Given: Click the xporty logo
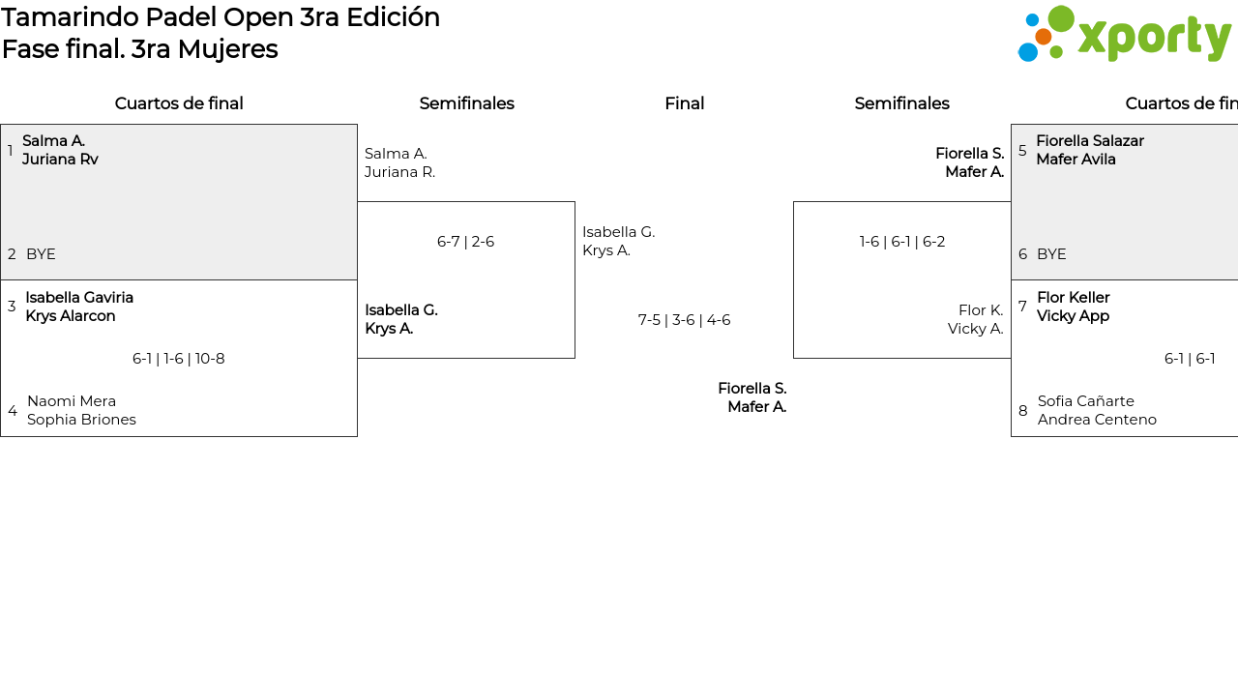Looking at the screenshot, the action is (x=1124, y=34).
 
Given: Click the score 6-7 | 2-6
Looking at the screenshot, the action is (x=465, y=242).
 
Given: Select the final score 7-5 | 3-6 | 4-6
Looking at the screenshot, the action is (x=684, y=320).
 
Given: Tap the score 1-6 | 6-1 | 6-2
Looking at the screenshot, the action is (x=902, y=242).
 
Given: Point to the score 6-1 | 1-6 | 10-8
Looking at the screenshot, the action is (x=179, y=359).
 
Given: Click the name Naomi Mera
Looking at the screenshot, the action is (x=72, y=401).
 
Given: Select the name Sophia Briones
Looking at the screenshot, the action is (x=81, y=420).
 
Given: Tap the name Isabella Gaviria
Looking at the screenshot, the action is (x=79, y=298).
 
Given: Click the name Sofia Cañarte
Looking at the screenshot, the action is (x=1085, y=401).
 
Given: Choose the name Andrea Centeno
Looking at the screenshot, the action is (x=1097, y=420).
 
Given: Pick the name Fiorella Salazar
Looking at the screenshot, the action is (x=1090, y=141).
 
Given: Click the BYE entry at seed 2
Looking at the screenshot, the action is (x=41, y=254).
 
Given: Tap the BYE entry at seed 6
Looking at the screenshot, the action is (x=1051, y=254).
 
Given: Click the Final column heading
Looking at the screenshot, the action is (x=684, y=103).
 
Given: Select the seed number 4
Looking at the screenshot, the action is (x=13, y=410).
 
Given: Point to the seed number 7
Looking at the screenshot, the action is (x=1022, y=307).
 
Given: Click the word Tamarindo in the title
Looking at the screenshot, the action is (x=71, y=17).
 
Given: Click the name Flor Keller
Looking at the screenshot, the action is (x=1074, y=298).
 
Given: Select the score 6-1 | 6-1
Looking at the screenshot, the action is (x=1190, y=359).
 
